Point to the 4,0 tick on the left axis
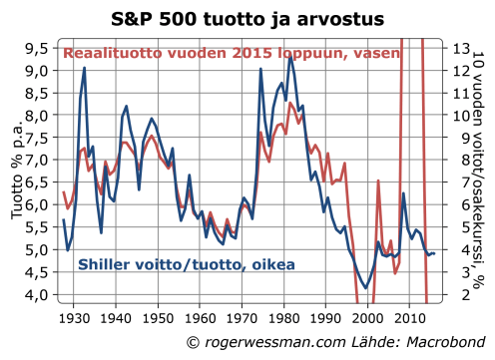[38, 295]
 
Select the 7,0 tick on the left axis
[38, 160]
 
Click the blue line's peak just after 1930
[84, 68]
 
